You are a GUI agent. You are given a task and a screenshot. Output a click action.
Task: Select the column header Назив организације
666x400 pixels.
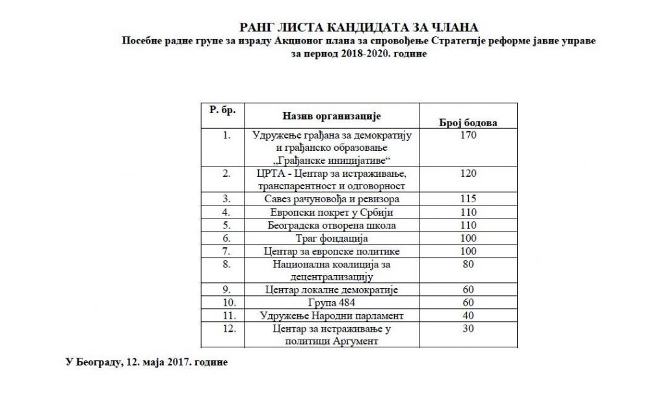coord(331,116)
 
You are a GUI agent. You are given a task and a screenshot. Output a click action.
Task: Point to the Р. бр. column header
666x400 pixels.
coord(222,111)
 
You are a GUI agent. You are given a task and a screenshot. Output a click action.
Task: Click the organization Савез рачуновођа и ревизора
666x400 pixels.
coord(335,199)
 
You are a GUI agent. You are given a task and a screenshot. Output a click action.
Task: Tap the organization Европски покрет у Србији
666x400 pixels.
coord(335,212)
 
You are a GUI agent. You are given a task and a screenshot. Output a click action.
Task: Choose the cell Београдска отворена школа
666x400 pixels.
coord(335,225)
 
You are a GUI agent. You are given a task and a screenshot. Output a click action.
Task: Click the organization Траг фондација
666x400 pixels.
coord(335,238)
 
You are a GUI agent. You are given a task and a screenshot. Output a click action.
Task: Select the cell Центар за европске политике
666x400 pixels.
coord(335,251)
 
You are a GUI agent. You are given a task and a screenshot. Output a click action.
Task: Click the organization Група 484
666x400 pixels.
coord(335,303)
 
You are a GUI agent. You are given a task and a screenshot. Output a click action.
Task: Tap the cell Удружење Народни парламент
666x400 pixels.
coord(335,316)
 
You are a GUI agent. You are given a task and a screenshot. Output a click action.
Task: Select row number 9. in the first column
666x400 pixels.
coord(226,290)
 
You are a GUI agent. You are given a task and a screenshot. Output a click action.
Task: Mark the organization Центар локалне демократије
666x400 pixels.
coord(335,290)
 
